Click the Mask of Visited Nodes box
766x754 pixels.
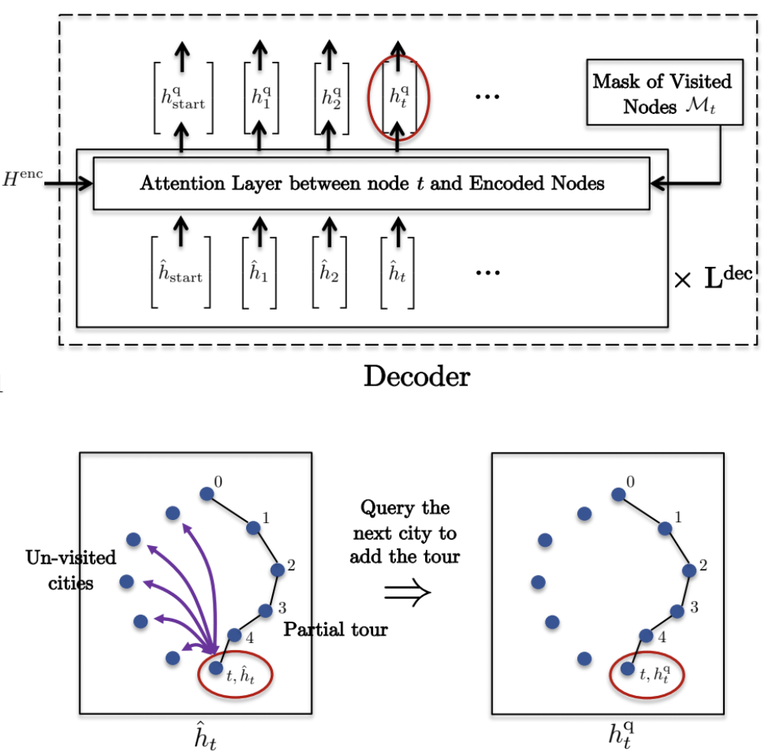[x=662, y=94]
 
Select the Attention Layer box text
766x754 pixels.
[x=371, y=183]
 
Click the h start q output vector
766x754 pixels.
[x=183, y=98]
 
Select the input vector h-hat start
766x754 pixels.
[x=180, y=273]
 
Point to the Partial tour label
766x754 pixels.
[x=336, y=629]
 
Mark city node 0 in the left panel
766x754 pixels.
[x=206, y=495]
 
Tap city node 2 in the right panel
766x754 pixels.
[x=690, y=570]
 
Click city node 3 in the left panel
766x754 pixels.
[x=265, y=610]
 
